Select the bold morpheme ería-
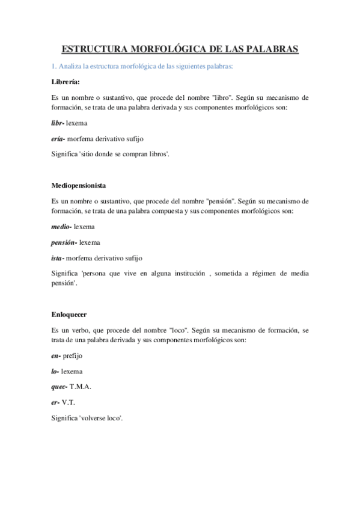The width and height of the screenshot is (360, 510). point(59,138)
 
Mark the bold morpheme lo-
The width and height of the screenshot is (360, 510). point(55,372)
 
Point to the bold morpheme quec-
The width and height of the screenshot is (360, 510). point(59,387)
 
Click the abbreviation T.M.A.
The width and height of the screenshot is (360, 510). point(81,387)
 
